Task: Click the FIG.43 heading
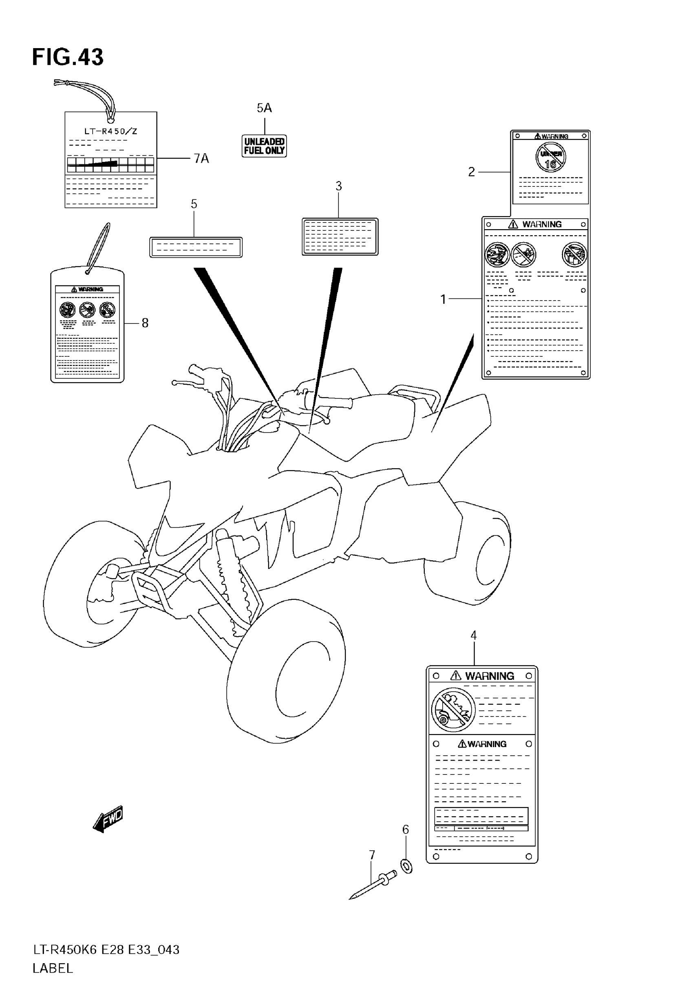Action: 68,57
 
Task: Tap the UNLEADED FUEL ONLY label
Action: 264,146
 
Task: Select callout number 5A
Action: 264,108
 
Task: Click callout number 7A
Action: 201,159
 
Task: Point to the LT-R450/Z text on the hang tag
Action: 111,131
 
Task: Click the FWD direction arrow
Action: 108,818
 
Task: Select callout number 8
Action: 145,323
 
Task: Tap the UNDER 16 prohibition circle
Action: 551,158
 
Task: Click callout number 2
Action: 472,172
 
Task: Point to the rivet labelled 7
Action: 373,886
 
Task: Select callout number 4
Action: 474,635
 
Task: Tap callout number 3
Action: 339,186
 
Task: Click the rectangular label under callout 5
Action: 196,247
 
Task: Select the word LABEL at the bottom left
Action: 53,969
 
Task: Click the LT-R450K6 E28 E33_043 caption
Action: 106,950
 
